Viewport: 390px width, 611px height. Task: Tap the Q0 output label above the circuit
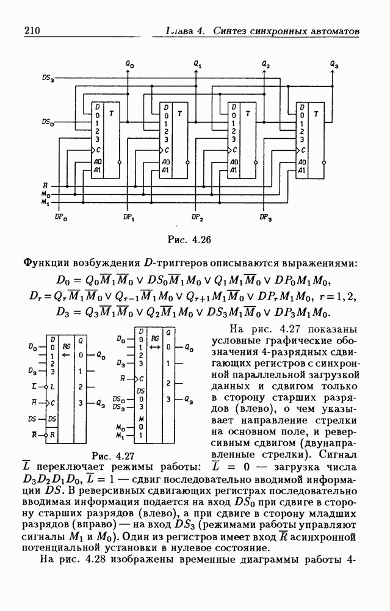click(129, 64)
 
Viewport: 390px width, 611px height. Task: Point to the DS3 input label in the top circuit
click(48, 77)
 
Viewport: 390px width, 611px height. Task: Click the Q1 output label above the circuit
click(197, 64)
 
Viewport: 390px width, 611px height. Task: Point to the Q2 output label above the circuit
click(265, 64)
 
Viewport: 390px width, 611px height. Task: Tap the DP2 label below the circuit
click(197, 217)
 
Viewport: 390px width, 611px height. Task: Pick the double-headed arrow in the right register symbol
click(156, 346)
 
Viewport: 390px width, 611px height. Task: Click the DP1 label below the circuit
click(129, 217)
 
